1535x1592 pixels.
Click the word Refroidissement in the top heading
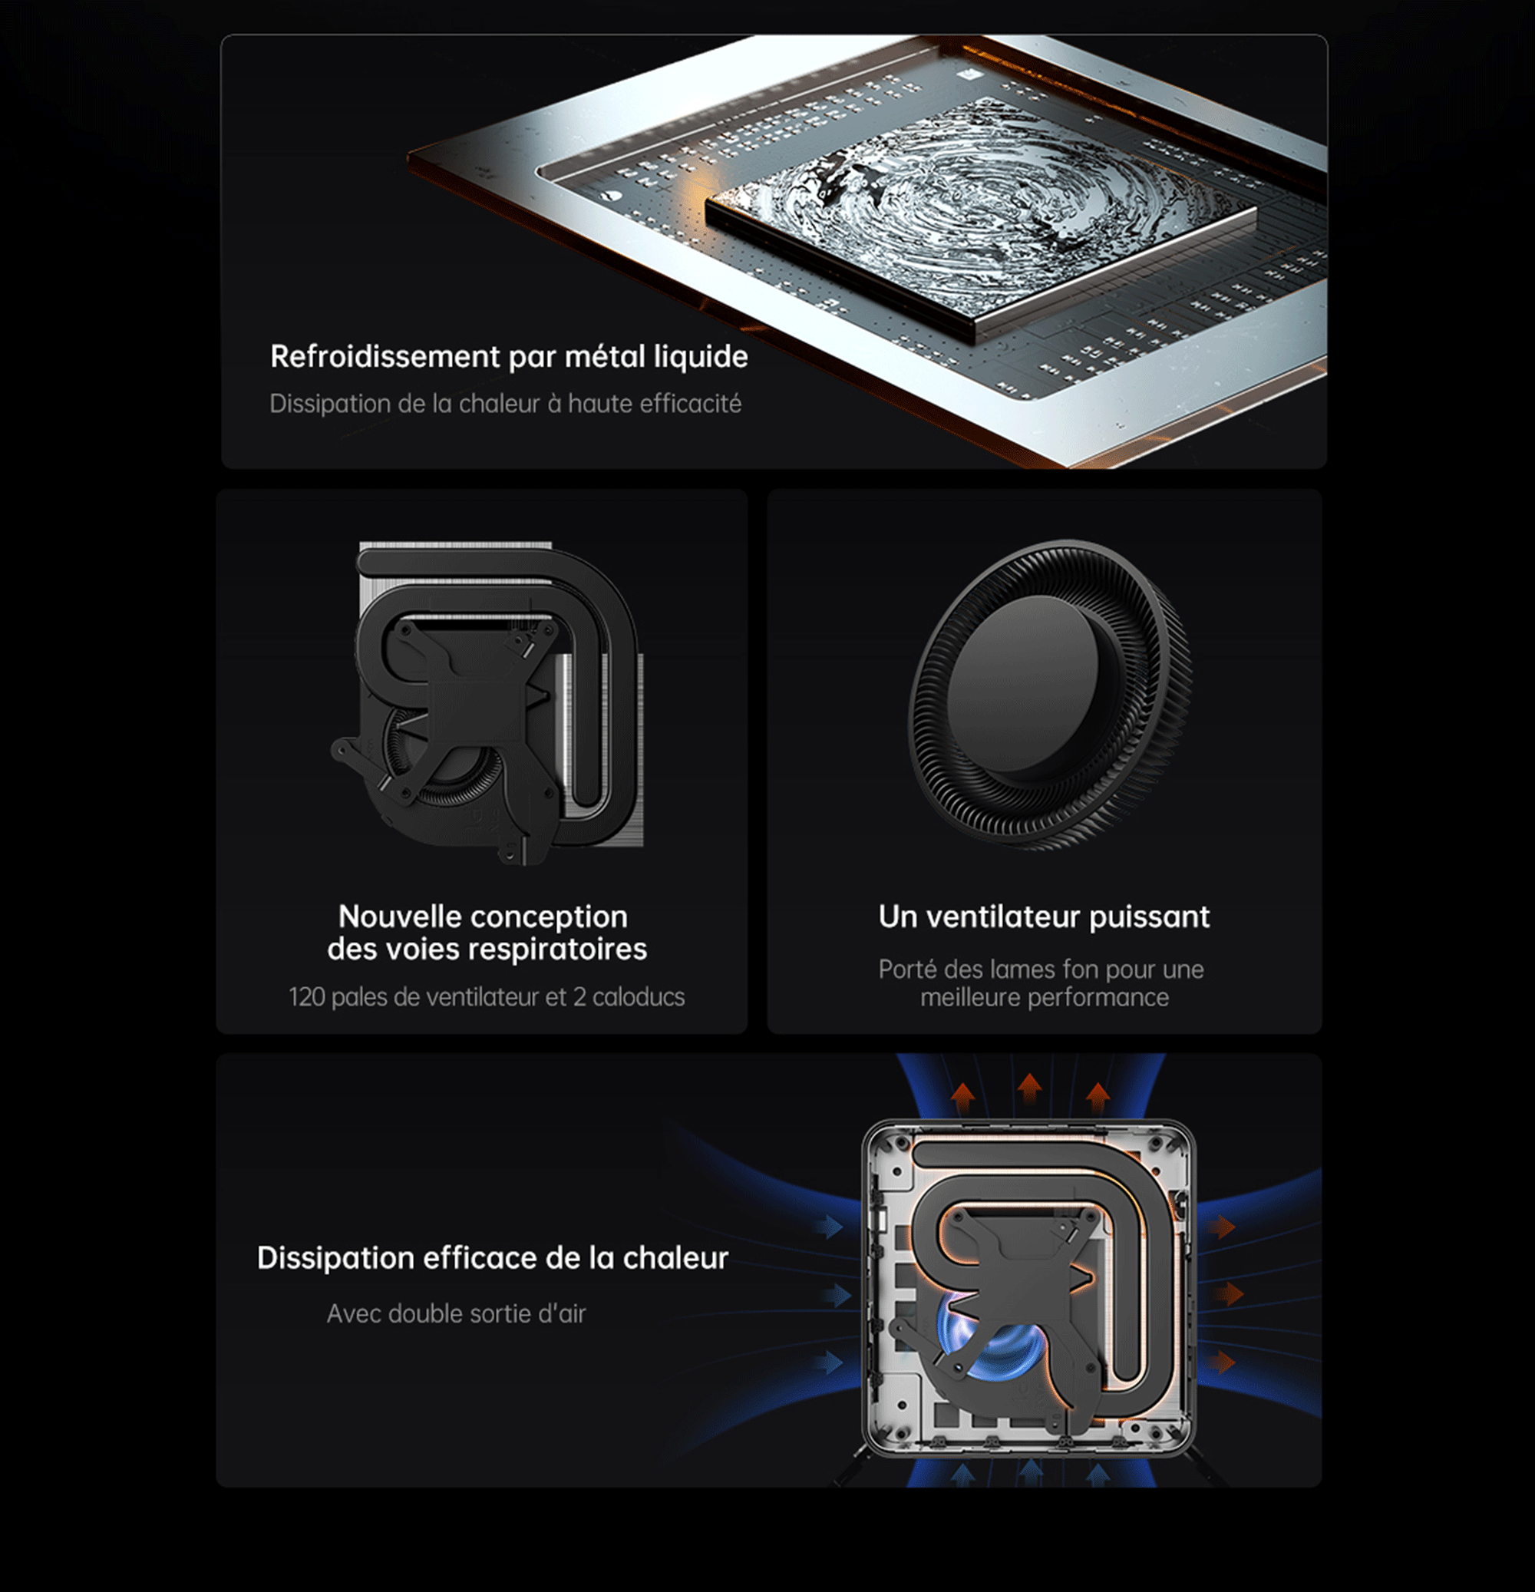click(385, 357)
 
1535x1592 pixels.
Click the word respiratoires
click(557, 950)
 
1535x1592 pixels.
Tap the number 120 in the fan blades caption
click(307, 996)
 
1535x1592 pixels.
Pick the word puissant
click(1149, 918)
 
